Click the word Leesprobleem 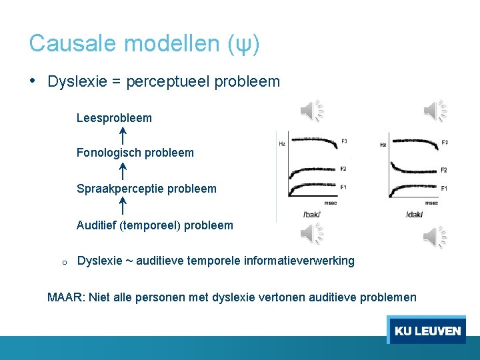tap(114, 118)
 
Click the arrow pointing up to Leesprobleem tap(123, 135)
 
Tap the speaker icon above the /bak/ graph tap(311, 111)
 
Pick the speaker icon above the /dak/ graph tap(435, 111)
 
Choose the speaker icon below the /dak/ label tap(435, 236)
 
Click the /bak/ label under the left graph tap(312, 214)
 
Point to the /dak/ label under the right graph tap(415, 214)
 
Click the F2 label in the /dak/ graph tap(444, 170)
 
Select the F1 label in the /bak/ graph tap(343, 187)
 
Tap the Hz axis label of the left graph tap(282, 143)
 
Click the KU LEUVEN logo tap(427, 330)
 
